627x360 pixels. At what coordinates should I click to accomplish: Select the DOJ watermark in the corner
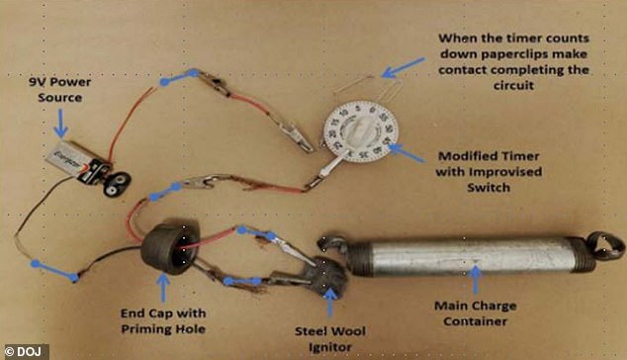(x=25, y=350)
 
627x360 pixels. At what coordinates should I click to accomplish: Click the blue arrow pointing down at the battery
(x=58, y=125)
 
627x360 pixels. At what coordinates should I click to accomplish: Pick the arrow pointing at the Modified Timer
(x=401, y=149)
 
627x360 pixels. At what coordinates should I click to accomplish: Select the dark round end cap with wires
(x=166, y=249)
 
